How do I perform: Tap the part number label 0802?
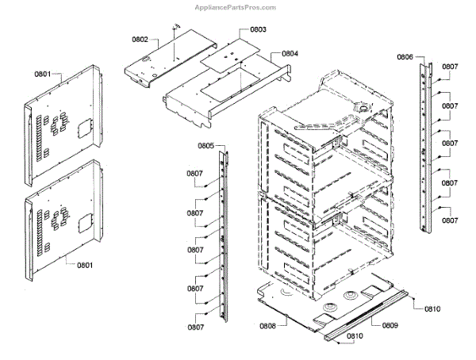point(140,38)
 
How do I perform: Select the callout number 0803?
point(258,29)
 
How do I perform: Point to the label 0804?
point(290,53)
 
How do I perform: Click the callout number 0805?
point(205,146)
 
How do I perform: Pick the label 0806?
point(405,57)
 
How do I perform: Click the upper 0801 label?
point(42,75)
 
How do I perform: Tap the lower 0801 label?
point(84,264)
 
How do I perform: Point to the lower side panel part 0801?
point(63,218)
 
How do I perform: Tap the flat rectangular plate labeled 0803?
point(230,52)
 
